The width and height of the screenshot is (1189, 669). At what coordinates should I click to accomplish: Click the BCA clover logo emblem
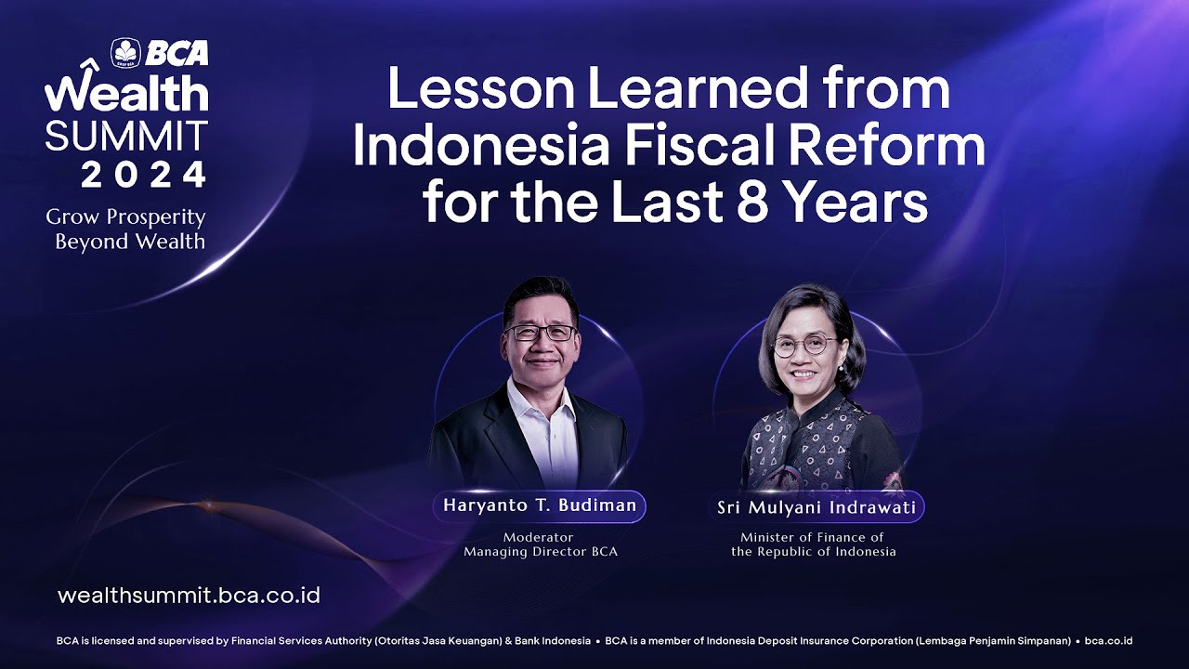click(125, 53)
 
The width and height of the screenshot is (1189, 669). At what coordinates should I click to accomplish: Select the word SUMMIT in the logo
click(126, 135)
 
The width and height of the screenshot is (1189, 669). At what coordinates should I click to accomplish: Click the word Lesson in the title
click(481, 87)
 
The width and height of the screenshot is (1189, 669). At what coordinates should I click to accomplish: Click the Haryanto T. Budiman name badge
click(540, 506)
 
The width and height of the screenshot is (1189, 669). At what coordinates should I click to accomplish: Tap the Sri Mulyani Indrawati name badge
click(817, 507)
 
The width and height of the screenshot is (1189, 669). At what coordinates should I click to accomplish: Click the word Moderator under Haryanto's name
click(538, 537)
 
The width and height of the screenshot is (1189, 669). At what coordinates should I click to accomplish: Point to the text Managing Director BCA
click(541, 552)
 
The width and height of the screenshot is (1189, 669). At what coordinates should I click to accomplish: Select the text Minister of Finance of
click(812, 537)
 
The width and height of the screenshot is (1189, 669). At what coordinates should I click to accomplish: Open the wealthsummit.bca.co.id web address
click(189, 596)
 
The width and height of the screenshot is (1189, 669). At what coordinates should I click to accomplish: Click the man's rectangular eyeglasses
click(541, 333)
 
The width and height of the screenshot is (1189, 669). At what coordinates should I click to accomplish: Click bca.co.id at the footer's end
click(1108, 641)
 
